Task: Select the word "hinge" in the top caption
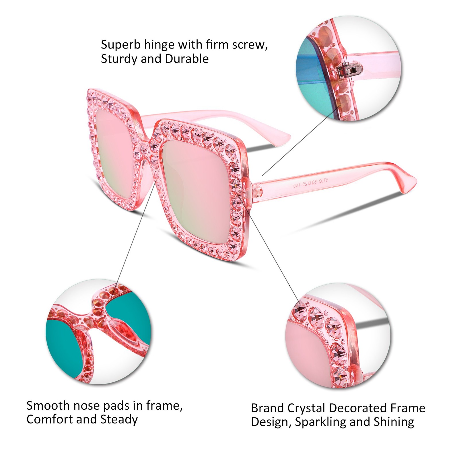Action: click(x=159, y=45)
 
